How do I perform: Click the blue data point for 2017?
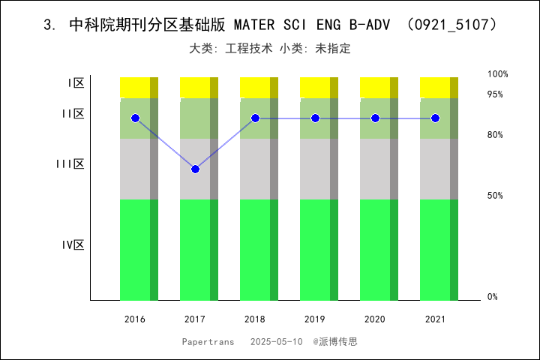point(195,169)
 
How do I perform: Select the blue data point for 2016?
point(135,118)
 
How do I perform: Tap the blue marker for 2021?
point(435,118)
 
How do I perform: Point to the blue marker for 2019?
point(315,118)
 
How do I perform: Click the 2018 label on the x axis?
point(255,319)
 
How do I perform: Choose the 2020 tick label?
point(375,319)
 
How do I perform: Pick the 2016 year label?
point(135,319)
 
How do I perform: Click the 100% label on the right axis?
point(498,74)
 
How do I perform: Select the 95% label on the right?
point(495,94)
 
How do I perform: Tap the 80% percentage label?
point(495,135)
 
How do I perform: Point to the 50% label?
point(495,196)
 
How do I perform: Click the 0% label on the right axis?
point(493,297)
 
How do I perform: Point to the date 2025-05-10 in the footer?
point(277,341)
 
